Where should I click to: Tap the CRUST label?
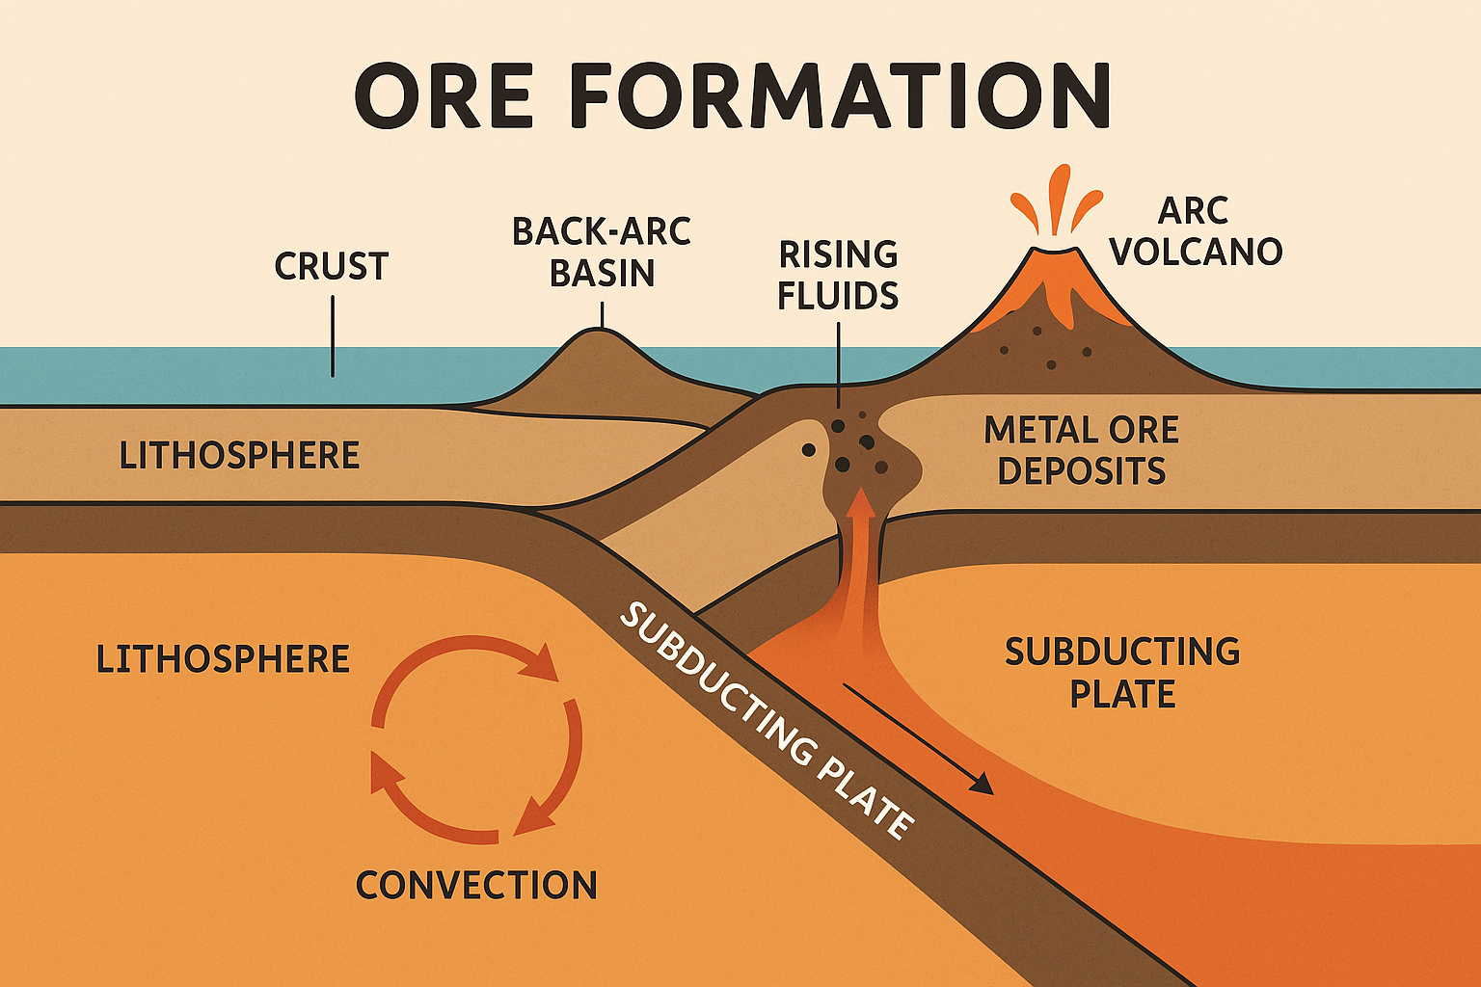[331, 267]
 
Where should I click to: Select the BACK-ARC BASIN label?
[602, 253]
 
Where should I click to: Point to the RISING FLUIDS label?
[838, 276]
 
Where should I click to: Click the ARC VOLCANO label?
[1195, 232]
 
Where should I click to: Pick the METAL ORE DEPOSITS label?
[1081, 450]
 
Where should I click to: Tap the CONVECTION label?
[476, 885]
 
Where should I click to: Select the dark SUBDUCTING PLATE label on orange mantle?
[1122, 673]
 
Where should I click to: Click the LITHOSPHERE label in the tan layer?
[239, 455]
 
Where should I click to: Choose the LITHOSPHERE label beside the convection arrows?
[223, 659]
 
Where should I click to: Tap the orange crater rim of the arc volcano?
[1055, 253]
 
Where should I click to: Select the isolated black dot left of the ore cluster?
[808, 449]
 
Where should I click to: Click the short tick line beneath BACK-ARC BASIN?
[603, 314]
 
